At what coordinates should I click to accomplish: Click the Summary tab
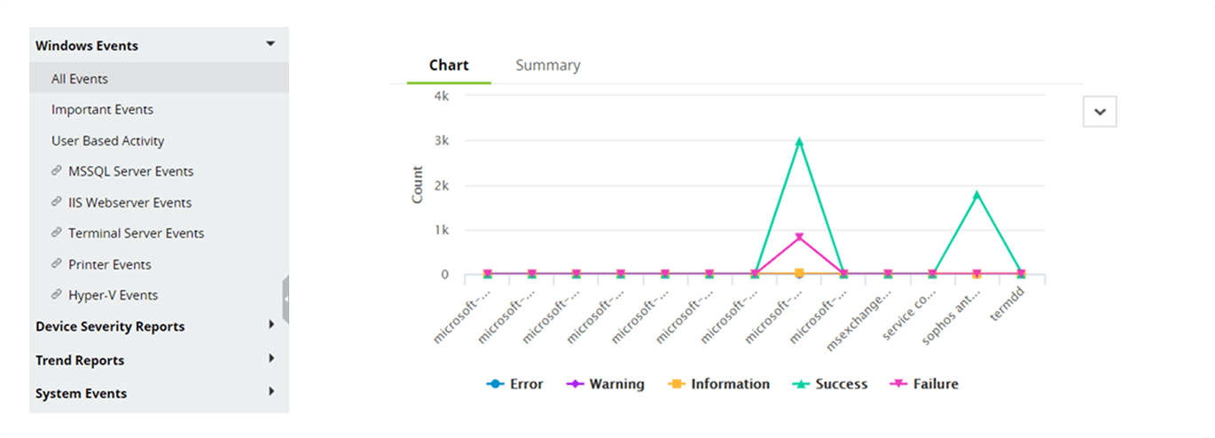(x=547, y=66)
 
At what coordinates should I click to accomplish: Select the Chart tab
(x=449, y=66)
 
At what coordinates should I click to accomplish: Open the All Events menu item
(x=80, y=79)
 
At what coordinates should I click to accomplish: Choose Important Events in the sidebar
(x=102, y=110)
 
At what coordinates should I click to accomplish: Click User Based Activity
(x=107, y=141)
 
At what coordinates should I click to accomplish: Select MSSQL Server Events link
(x=130, y=172)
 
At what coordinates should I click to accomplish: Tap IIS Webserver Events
(x=129, y=203)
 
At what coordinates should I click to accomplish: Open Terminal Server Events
(x=136, y=234)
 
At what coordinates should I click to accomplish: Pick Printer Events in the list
(x=109, y=265)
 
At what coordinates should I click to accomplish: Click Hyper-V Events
(x=113, y=296)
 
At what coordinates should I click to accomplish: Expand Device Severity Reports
(x=110, y=327)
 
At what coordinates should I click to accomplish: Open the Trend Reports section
(x=80, y=361)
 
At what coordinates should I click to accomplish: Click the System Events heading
(x=81, y=394)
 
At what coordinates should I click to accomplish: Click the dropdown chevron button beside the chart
(x=1100, y=112)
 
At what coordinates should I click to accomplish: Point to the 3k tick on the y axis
(x=440, y=141)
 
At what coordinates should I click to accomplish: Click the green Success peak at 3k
(x=799, y=141)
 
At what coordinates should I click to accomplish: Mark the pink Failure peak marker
(x=799, y=238)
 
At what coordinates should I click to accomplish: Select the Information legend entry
(x=719, y=385)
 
